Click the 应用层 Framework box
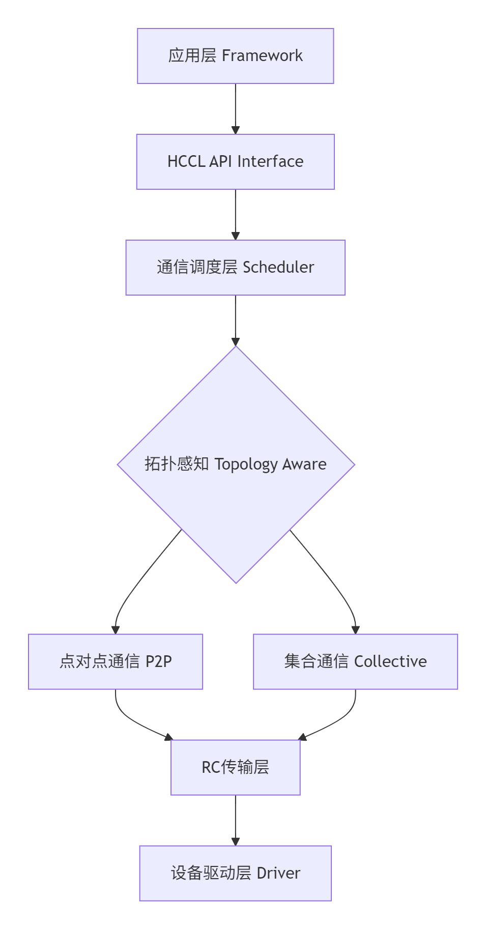point(235,56)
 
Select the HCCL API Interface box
point(235,162)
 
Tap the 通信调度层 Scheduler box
point(235,268)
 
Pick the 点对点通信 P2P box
point(116,661)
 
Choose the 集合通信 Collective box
point(355,661)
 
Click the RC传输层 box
point(235,767)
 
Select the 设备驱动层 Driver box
point(235,873)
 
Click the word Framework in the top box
point(262,55)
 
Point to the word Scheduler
point(278,267)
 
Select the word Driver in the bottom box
point(278,873)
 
